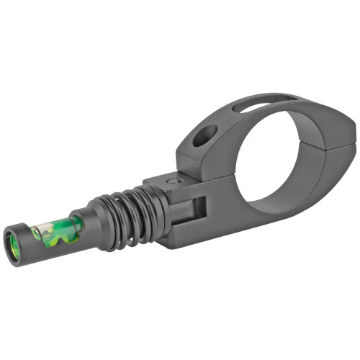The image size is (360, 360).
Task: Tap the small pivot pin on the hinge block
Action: click(171, 181)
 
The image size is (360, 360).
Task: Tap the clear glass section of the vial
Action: click(39, 233)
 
